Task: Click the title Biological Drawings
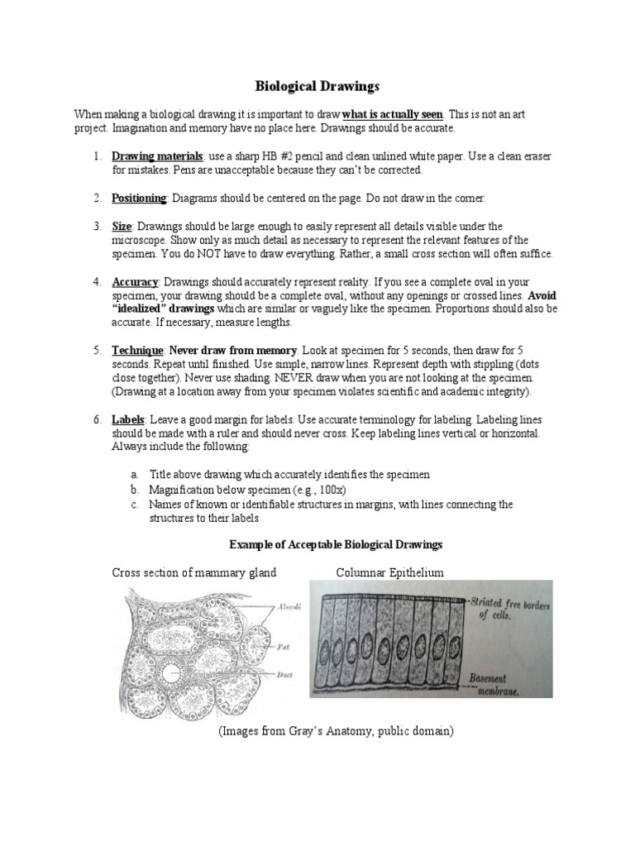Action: pyautogui.click(x=317, y=85)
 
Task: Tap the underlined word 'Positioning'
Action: pyautogui.click(x=139, y=198)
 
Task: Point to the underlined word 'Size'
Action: pyautogui.click(x=122, y=226)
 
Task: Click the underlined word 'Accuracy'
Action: pyautogui.click(x=135, y=281)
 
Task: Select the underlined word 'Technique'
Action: pyautogui.click(x=137, y=351)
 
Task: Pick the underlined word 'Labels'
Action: pyautogui.click(x=128, y=420)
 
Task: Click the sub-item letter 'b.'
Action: pyautogui.click(x=135, y=490)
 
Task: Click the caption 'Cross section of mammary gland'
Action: pyautogui.click(x=194, y=572)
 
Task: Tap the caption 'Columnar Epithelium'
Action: pyautogui.click(x=389, y=572)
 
